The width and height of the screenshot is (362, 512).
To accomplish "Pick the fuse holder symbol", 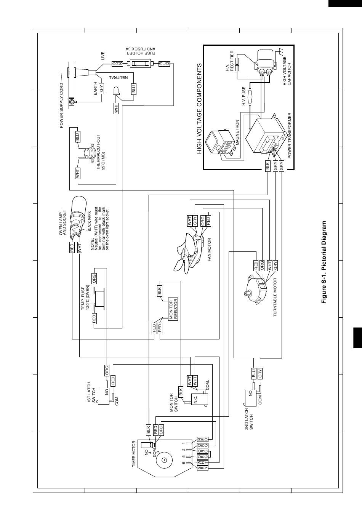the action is [140, 63].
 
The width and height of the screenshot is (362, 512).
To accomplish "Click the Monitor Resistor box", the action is [173, 309].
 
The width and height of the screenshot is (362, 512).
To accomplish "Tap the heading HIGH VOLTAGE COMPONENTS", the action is [199, 109].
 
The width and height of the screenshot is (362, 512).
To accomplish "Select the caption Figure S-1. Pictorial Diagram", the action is [324, 262].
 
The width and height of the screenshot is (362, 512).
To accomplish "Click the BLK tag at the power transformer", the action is [268, 166].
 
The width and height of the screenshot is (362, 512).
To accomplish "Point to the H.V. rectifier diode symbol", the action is [238, 64].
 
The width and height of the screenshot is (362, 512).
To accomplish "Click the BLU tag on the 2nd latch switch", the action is [253, 373].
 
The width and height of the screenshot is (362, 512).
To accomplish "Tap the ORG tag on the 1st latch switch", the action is [107, 370].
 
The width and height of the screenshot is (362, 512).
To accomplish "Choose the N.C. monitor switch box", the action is [199, 398].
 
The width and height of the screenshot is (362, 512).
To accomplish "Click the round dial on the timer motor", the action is [164, 460].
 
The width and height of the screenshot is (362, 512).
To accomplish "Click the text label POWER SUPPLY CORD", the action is [61, 106].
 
